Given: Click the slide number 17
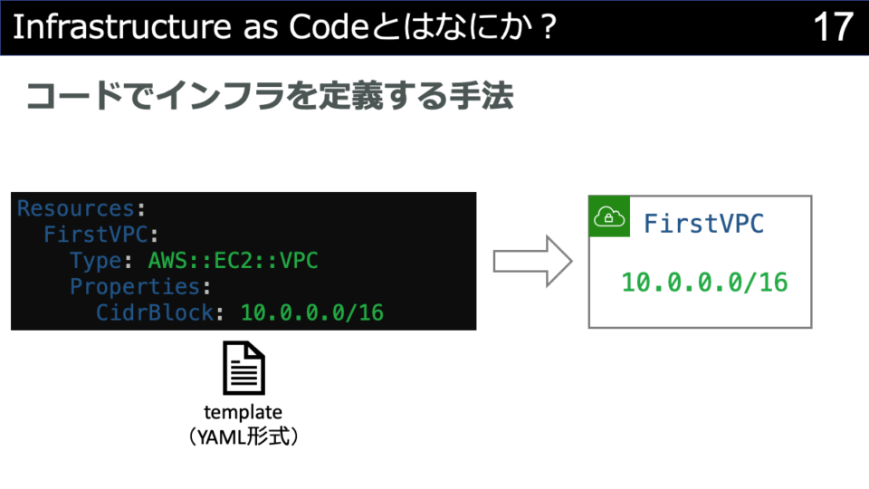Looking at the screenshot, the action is [x=833, y=26].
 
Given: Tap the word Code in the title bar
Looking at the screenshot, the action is [x=329, y=26].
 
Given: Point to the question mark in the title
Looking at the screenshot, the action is [x=549, y=26].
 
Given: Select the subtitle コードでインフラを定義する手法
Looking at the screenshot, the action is [x=270, y=96].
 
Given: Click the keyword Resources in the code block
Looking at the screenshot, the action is [x=76, y=208].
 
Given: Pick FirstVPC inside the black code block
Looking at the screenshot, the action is [x=96, y=234].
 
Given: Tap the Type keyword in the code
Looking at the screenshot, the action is [x=96, y=261].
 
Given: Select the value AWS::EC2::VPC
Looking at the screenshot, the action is [x=234, y=261].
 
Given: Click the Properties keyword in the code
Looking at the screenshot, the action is [x=135, y=286].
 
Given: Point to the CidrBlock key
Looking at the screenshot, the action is [x=155, y=312].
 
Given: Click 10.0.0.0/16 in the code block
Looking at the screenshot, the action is [x=312, y=312].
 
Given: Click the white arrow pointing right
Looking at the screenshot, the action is [x=532, y=261].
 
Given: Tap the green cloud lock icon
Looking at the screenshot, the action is [x=609, y=216].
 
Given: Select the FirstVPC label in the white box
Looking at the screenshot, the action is [x=704, y=224].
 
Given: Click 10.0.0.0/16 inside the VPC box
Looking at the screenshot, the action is [x=704, y=283].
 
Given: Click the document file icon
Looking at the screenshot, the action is [x=244, y=369].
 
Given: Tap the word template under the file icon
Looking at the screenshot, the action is [x=243, y=413].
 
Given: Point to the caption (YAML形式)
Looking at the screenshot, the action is [x=244, y=436].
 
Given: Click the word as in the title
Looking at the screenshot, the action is [x=261, y=29].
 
